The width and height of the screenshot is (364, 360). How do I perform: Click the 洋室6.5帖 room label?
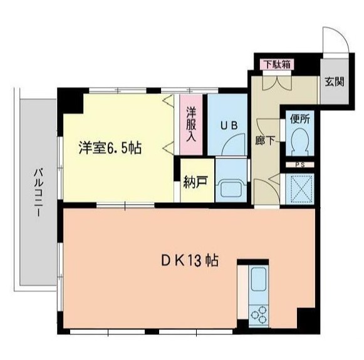[110, 148]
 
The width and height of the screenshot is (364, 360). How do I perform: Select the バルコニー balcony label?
[37, 192]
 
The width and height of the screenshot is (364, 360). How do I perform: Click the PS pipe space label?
[299, 165]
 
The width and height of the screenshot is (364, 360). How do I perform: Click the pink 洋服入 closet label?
[192, 125]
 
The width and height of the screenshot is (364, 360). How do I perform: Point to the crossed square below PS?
[299, 187]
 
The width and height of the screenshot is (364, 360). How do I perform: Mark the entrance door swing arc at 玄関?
[336, 41]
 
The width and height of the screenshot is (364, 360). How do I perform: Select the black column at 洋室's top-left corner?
[70, 99]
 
